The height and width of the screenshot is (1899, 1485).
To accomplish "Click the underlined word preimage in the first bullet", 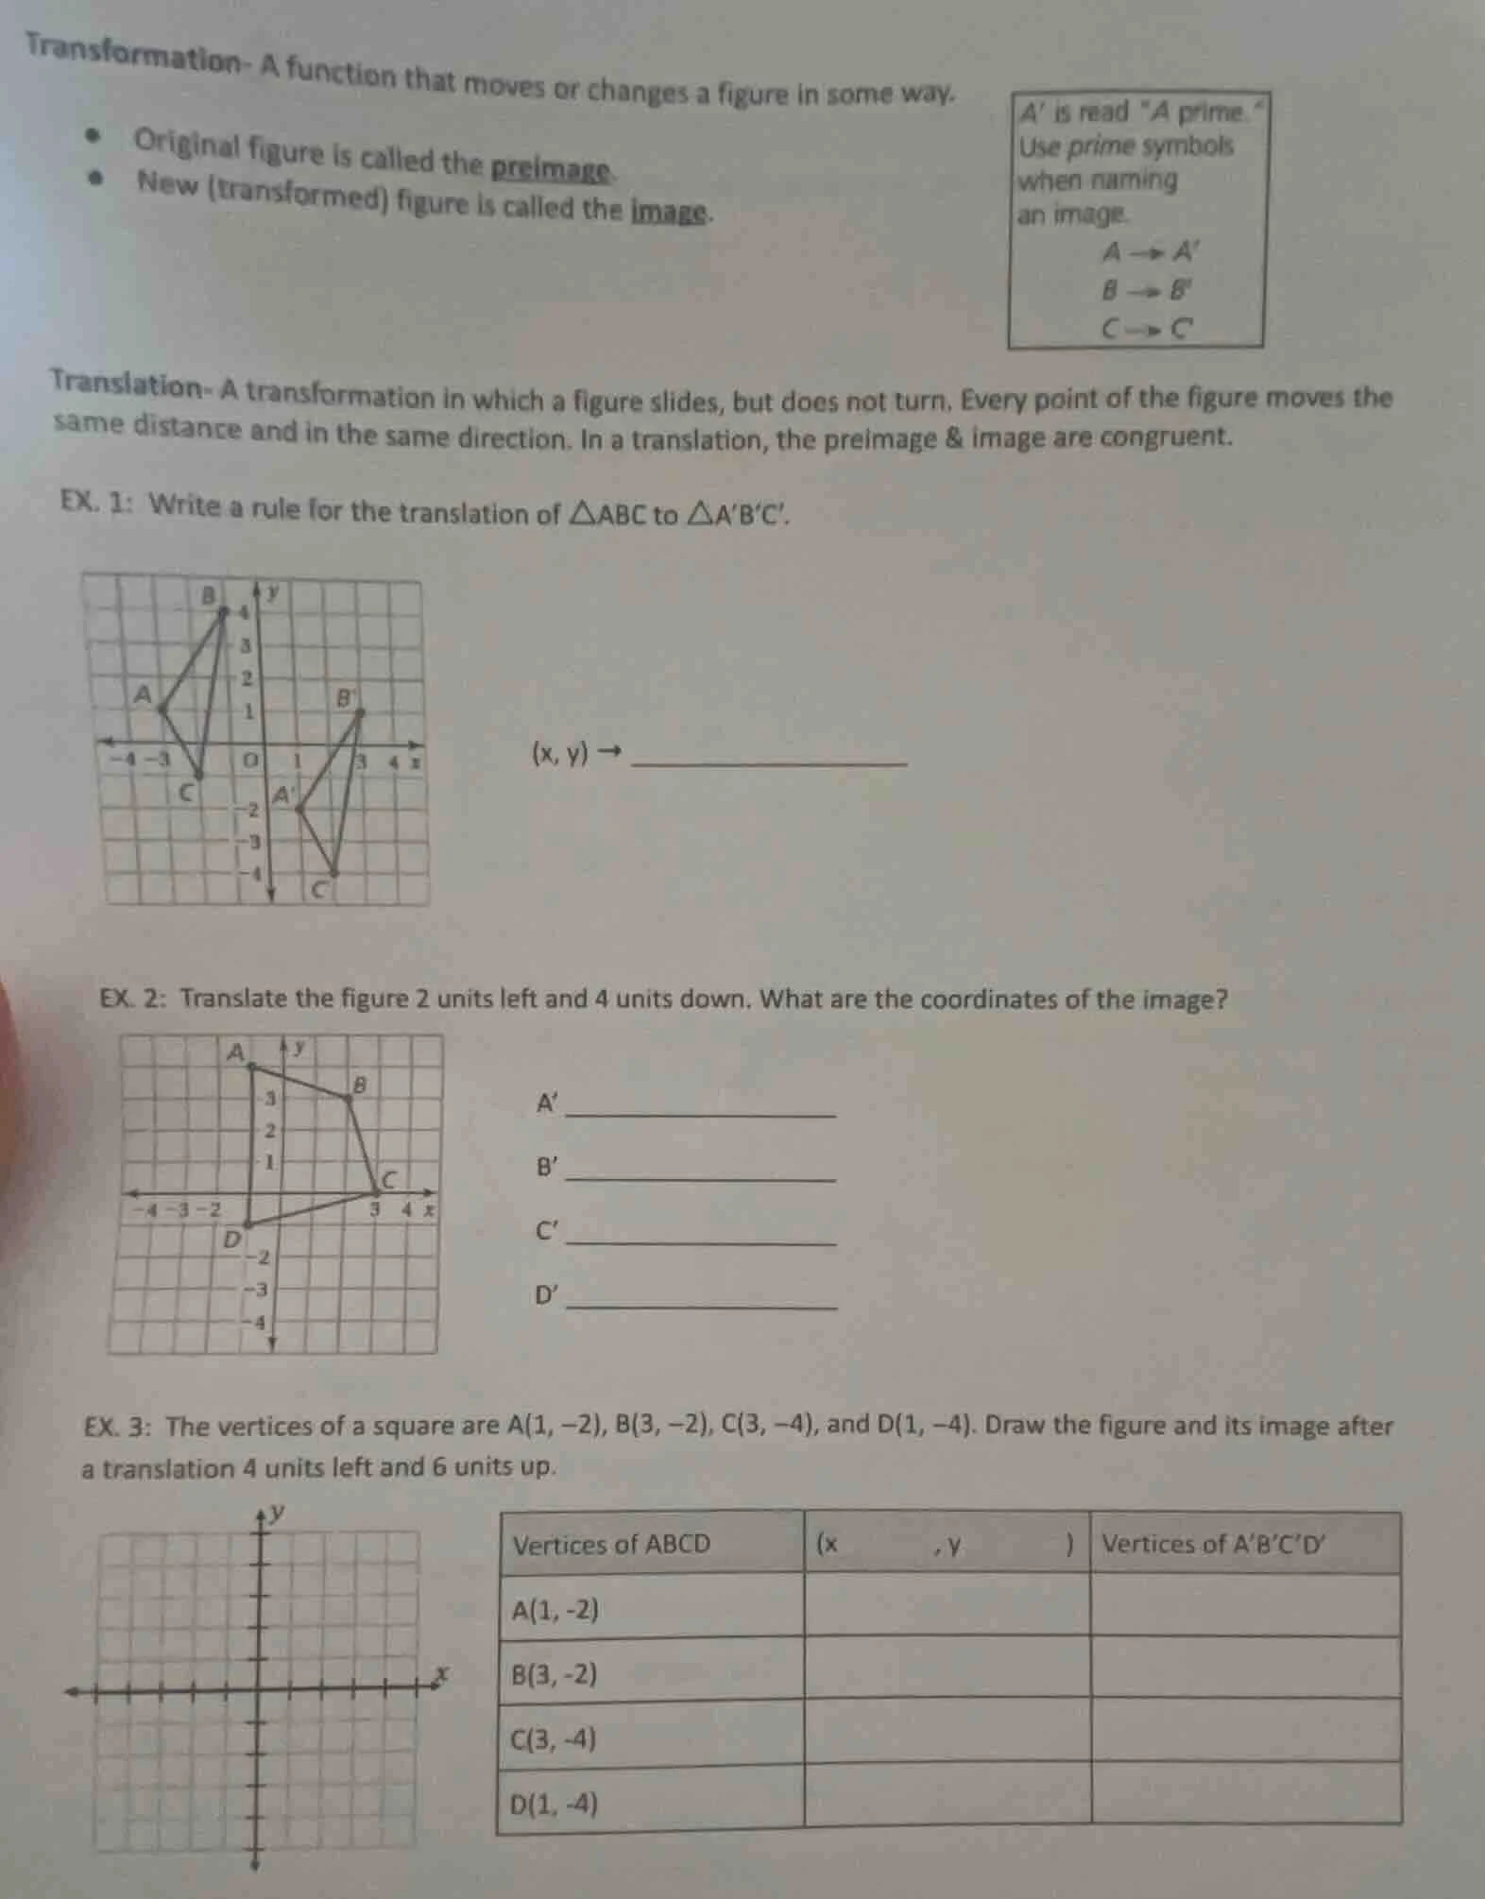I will tap(551, 168).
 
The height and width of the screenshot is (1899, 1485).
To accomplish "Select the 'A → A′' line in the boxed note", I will tap(1150, 252).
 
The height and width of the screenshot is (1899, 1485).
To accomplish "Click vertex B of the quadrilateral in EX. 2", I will tap(348, 1097).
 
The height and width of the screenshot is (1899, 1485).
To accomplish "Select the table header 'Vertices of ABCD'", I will tap(610, 1545).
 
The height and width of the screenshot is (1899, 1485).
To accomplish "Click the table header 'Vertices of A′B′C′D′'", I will tap(1214, 1545).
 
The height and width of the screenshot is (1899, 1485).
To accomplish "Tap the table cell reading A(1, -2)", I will tap(555, 1609).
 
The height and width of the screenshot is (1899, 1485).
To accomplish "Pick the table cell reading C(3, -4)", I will tap(554, 1738).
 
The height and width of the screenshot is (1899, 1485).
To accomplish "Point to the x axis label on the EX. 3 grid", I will tap(438, 1676).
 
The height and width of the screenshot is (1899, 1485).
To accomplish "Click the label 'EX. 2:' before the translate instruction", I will tap(133, 998).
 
